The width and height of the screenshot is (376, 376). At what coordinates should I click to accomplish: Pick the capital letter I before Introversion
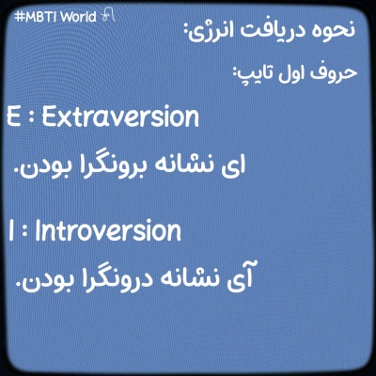[8, 231]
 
